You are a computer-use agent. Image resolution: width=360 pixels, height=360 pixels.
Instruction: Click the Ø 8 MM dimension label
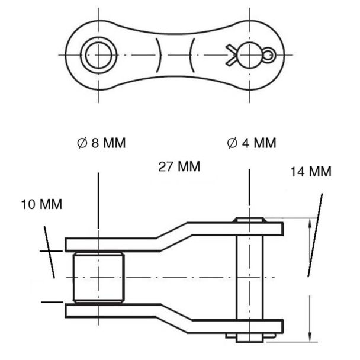(101, 143)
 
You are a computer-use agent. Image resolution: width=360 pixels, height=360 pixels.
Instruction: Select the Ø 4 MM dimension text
(252, 143)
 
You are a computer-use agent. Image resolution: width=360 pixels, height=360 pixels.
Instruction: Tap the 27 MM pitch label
(179, 166)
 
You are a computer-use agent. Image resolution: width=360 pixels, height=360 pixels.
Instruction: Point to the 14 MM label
(311, 172)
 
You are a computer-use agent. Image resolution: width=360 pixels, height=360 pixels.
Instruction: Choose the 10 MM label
(42, 204)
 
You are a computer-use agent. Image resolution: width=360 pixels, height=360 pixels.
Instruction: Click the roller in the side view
(99, 277)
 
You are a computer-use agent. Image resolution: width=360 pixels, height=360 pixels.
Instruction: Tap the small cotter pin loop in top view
(269, 55)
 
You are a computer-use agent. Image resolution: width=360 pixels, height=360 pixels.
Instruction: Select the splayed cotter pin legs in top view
(231, 55)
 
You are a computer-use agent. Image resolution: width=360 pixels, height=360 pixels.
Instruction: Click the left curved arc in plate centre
(159, 55)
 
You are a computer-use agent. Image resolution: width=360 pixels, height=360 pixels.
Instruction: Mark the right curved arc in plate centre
(191, 55)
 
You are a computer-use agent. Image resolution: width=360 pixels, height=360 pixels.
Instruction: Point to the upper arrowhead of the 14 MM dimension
(310, 224)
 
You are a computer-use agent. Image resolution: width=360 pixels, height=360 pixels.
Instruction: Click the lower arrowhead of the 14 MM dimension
(310, 336)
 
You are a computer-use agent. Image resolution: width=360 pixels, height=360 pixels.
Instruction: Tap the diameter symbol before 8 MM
(82, 143)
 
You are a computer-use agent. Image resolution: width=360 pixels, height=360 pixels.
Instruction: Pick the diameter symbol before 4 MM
(232, 143)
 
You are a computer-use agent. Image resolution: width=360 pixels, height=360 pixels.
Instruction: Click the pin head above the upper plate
(250, 220)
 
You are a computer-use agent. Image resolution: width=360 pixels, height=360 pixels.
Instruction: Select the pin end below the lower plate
(250, 338)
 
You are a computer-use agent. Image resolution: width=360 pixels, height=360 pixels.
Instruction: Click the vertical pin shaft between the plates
(250, 277)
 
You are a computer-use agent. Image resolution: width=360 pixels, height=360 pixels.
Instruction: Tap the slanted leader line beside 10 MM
(49, 252)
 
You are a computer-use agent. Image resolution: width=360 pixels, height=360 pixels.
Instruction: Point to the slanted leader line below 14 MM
(315, 235)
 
